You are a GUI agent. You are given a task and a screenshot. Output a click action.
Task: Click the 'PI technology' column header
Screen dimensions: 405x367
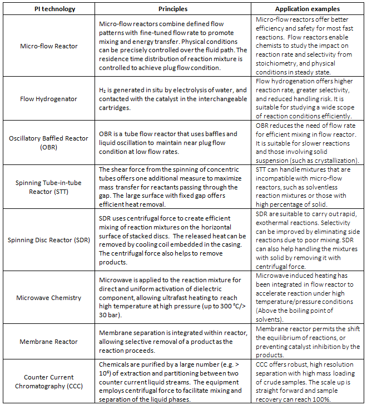(48, 8)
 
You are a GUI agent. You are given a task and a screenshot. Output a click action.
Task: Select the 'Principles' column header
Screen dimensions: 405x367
(173, 8)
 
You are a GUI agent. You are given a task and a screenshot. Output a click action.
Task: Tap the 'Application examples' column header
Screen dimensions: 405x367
(307, 8)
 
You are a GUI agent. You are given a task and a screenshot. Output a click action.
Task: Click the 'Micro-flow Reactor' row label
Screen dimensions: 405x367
(48, 47)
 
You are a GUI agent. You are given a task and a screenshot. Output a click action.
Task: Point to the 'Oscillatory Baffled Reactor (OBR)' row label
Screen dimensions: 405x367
(48, 142)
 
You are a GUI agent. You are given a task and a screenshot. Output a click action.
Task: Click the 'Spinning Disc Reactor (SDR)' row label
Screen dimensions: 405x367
(48, 239)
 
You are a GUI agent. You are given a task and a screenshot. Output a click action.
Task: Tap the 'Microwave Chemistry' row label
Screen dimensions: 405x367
(48, 298)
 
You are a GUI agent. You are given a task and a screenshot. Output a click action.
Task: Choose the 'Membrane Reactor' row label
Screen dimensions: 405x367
(48, 342)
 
